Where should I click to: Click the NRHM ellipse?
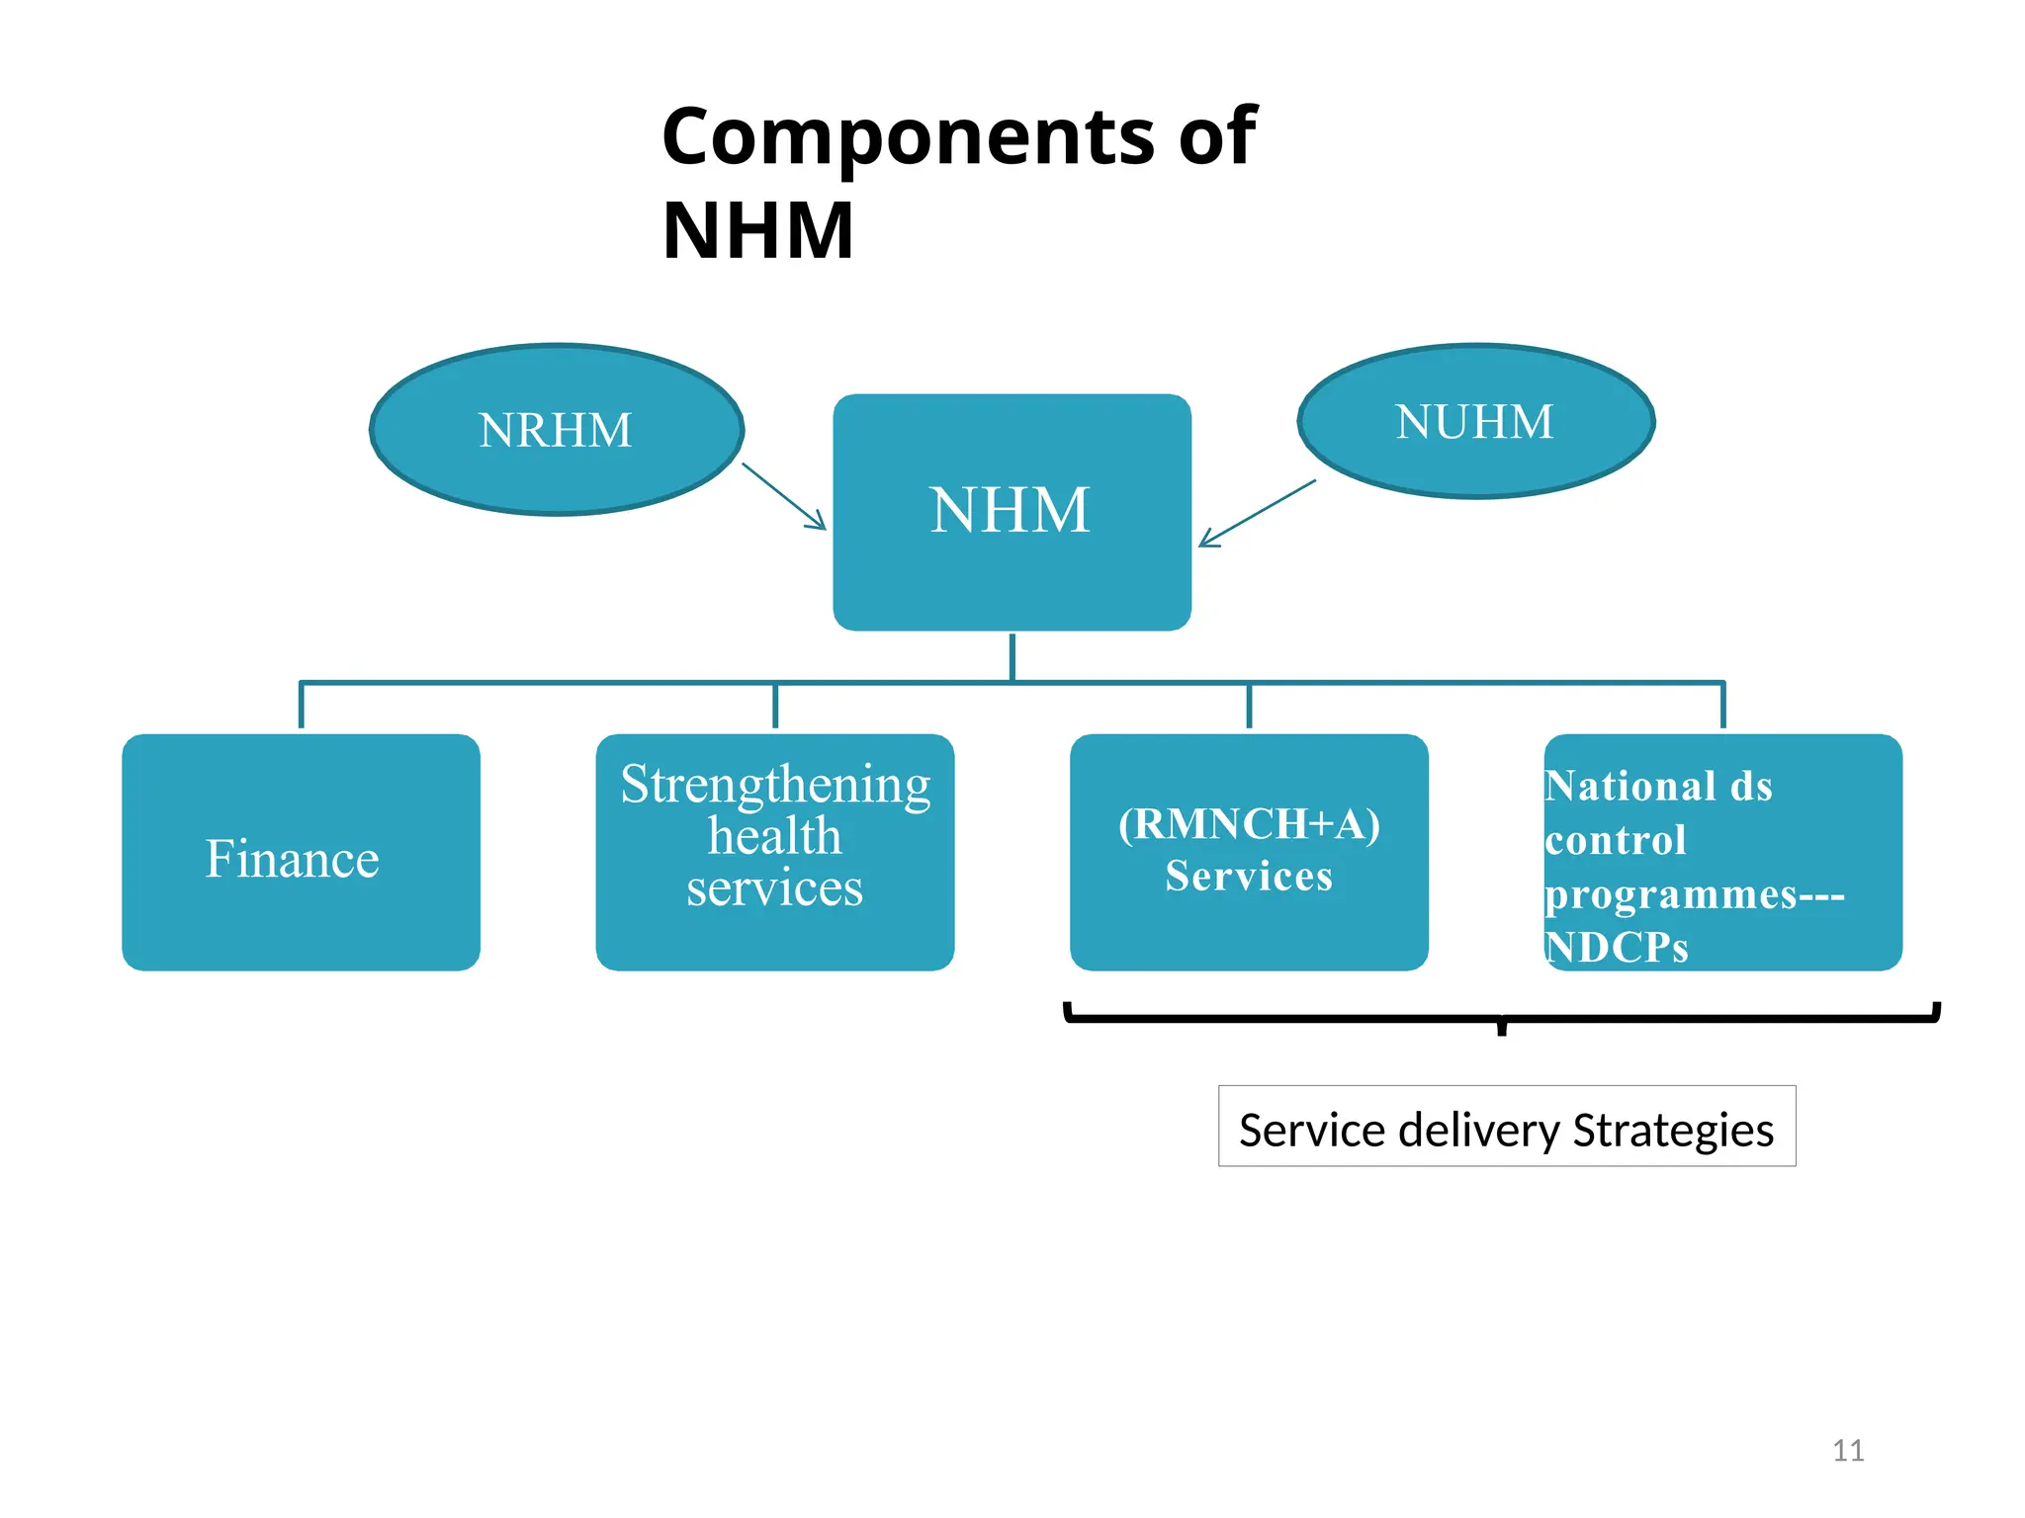point(556,430)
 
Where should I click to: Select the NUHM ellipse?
point(1474,422)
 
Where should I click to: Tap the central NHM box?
point(1011,511)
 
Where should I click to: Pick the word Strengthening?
point(775,786)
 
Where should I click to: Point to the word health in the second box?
point(774,837)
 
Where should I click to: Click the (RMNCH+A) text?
point(1248,824)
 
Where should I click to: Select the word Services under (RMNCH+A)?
point(1248,877)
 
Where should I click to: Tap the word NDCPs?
point(1617,948)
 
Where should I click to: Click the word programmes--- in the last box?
point(1694,894)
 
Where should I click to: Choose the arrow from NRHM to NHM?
point(784,496)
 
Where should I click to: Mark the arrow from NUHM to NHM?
point(1257,513)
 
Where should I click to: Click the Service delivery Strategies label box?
point(1506,1127)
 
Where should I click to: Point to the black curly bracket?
point(1501,1018)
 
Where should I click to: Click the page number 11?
point(1847,1450)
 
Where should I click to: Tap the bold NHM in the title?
point(757,231)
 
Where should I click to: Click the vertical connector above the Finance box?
point(301,706)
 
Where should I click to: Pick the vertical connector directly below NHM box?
point(1012,656)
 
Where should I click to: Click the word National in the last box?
point(1629,787)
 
